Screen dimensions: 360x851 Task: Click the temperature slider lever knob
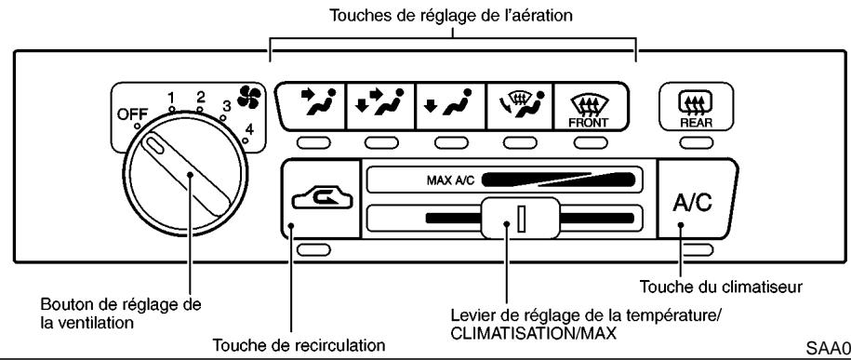point(507,221)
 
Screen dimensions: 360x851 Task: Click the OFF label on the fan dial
point(131,114)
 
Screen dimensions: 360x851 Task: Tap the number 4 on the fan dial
point(247,127)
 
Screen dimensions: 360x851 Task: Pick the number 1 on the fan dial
point(171,98)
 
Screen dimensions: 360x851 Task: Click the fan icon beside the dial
point(248,99)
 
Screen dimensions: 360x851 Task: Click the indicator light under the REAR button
point(690,142)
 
